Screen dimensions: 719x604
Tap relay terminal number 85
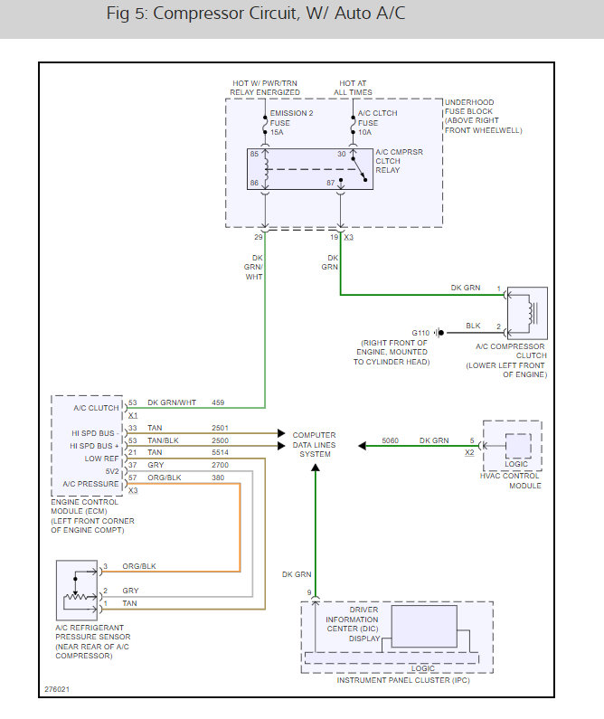tap(254, 154)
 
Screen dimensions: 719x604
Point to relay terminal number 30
tap(341, 154)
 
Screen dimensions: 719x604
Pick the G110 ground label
tap(421, 332)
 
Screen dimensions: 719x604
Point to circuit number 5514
tap(221, 452)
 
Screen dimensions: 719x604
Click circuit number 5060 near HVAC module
tap(390, 440)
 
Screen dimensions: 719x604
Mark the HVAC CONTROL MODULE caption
tap(513, 480)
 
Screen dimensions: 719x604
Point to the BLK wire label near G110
tap(473, 326)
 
